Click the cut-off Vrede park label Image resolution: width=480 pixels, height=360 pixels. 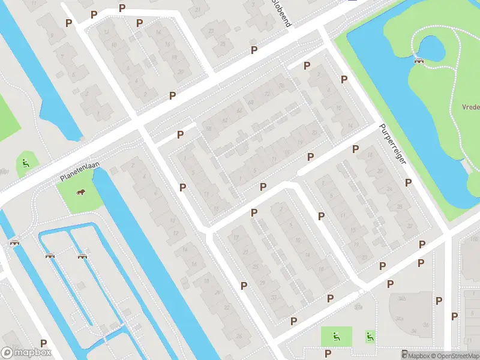point(470,107)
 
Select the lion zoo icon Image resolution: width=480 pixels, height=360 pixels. point(80,192)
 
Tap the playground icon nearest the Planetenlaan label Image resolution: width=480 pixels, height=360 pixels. point(25,162)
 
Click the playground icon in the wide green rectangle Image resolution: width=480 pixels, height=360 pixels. point(337,337)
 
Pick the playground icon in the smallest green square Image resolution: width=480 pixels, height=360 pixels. point(370,337)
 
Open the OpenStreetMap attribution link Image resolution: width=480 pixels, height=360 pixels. point(454,356)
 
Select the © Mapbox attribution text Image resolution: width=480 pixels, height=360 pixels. point(416,356)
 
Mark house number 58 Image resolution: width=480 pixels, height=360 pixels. point(209,129)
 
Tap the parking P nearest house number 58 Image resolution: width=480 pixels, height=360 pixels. point(180,134)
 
